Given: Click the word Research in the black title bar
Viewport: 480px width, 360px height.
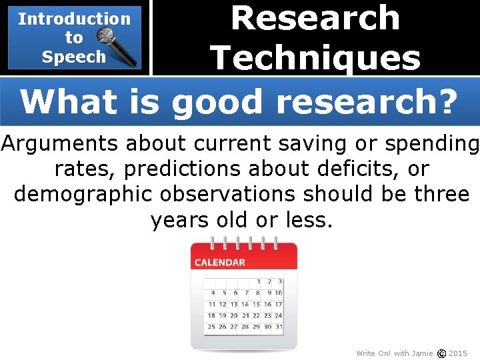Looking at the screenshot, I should [x=315, y=18].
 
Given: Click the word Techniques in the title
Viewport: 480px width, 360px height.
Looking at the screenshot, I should [x=315, y=58].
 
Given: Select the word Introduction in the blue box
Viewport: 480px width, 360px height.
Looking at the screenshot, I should [x=74, y=19].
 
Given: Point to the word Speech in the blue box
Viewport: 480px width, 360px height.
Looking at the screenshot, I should [x=73, y=57].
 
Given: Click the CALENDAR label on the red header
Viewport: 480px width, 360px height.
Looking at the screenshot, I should [x=219, y=263].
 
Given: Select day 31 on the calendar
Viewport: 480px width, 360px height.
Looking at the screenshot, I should [x=278, y=327].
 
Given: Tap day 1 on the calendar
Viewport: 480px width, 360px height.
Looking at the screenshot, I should [x=259, y=282].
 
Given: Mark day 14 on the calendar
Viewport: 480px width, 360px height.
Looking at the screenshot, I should [x=245, y=304].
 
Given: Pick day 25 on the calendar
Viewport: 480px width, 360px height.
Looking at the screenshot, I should [x=211, y=327].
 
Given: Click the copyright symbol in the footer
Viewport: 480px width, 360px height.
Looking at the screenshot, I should [x=441, y=353].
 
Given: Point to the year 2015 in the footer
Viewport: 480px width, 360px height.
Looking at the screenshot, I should [x=458, y=353].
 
